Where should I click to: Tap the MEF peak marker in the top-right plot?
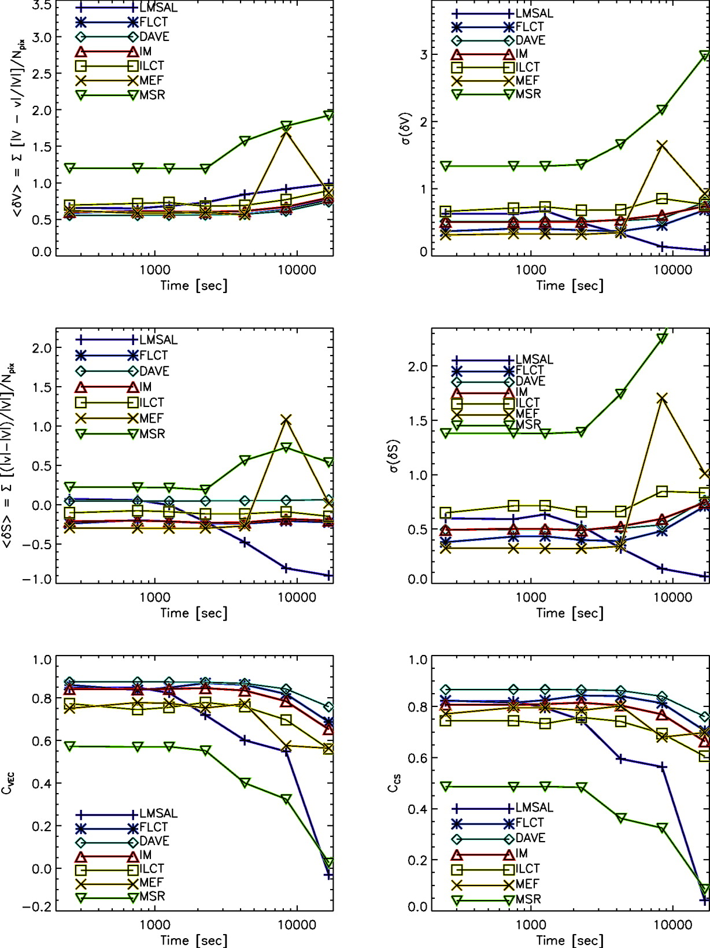(x=662, y=145)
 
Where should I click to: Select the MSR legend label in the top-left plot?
(x=152, y=95)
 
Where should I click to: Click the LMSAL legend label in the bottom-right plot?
(x=534, y=808)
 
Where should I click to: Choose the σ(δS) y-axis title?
(x=394, y=457)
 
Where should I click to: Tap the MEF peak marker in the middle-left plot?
(x=286, y=420)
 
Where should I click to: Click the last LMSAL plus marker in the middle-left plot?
(x=328, y=575)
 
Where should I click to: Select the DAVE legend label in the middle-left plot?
(x=154, y=371)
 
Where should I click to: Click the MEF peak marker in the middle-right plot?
(x=662, y=398)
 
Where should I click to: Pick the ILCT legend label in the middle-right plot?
(x=527, y=403)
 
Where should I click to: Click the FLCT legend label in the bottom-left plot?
(x=153, y=827)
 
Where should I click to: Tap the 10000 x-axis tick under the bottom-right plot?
(x=673, y=925)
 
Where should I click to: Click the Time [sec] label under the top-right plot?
(x=570, y=286)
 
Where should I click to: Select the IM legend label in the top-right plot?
(x=522, y=54)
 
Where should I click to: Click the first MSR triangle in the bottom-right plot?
(x=446, y=787)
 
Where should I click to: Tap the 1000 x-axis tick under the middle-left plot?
(x=155, y=598)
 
